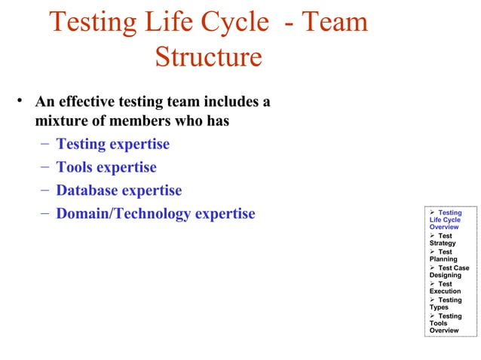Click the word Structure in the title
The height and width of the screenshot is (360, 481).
pos(209,57)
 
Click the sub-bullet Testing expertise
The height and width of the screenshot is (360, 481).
pos(113,144)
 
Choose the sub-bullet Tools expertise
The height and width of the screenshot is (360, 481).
pos(106,167)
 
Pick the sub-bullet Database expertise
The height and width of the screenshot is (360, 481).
pos(119,191)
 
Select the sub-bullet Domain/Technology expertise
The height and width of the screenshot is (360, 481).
pos(156,214)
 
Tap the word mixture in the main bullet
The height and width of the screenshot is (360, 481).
pos(63,121)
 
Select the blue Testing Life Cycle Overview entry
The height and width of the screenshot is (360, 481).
pos(446,220)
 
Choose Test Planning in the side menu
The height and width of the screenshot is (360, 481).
pos(444,255)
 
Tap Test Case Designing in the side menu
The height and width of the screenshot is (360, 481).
pos(449,272)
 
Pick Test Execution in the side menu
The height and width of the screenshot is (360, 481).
pos(446,288)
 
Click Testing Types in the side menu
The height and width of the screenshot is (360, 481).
pos(446,304)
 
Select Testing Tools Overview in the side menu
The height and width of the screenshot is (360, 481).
pos(446,323)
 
